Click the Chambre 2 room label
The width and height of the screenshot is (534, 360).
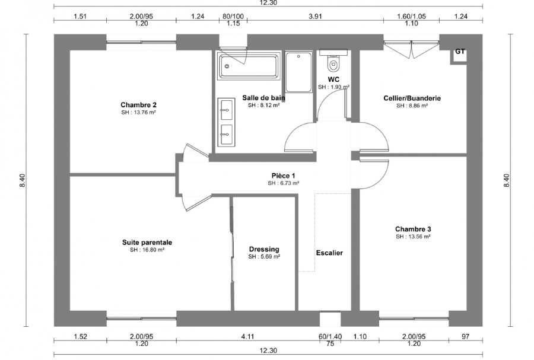click(x=138, y=104)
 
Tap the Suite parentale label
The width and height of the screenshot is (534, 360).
click(x=147, y=242)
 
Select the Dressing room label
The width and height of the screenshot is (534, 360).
click(x=264, y=249)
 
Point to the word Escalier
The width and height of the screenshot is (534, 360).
click(x=329, y=253)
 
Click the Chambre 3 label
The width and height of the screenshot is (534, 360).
click(x=413, y=229)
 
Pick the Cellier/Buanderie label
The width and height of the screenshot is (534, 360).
click(x=412, y=98)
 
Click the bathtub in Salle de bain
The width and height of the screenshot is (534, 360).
click(x=249, y=66)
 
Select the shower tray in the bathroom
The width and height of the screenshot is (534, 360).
click(x=298, y=72)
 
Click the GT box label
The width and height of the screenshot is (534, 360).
click(x=459, y=52)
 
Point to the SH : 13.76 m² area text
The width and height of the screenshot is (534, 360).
click(x=138, y=112)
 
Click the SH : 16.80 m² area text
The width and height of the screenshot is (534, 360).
click(x=147, y=250)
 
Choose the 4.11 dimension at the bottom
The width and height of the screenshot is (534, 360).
click(x=247, y=336)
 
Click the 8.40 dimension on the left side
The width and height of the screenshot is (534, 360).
click(x=23, y=180)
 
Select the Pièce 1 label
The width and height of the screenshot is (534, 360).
click(x=283, y=176)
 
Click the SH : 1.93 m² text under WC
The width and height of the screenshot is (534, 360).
click(x=333, y=87)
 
